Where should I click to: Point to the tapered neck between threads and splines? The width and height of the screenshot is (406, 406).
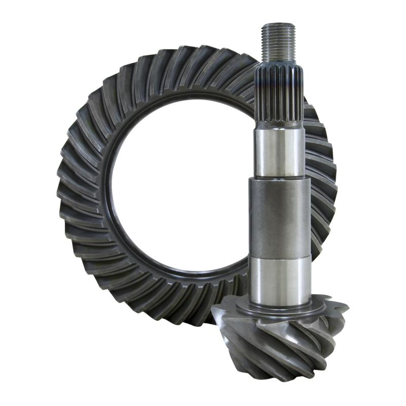(279, 60)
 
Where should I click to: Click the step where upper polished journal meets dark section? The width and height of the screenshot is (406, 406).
(279, 178)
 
